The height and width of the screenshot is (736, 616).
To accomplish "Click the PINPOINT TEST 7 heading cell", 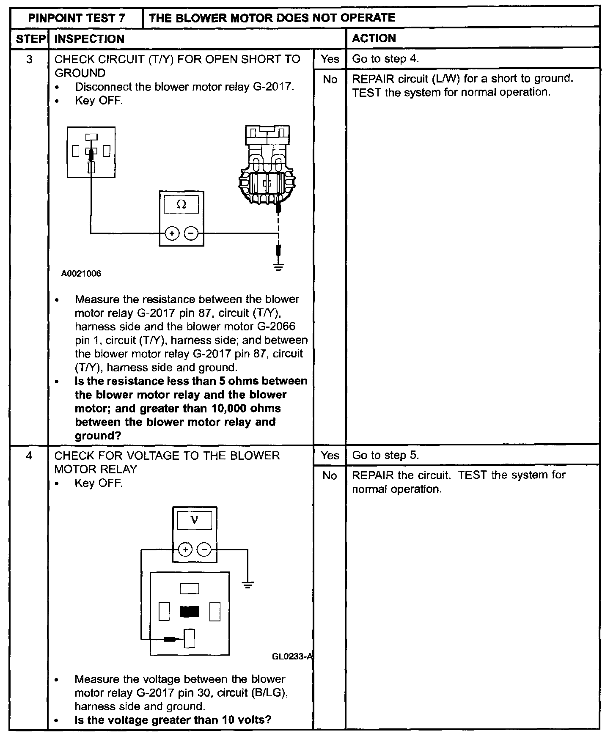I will point(77,18).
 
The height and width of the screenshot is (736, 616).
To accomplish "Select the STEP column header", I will point(30,39).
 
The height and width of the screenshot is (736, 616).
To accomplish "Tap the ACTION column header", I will point(374,38).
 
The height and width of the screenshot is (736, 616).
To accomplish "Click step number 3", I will point(29,59).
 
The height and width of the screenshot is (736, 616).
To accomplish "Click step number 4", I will point(29,456).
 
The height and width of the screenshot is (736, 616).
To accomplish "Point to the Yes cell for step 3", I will point(330,59).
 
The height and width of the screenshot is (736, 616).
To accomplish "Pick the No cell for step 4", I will point(330,476).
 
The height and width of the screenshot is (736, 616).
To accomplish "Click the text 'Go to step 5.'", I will point(385,455).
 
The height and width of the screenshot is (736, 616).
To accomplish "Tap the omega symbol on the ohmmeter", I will point(181,205).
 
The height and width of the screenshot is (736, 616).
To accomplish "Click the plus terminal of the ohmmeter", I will point(172,233).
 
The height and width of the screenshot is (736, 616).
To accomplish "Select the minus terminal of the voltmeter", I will point(204,550).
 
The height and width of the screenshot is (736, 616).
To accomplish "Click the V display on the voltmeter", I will point(194,521).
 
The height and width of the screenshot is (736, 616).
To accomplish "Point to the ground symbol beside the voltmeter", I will point(248,585).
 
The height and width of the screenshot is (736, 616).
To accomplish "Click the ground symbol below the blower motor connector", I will point(278,266).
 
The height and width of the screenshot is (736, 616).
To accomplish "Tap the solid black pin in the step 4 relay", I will point(189,612).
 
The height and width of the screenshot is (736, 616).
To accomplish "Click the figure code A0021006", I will point(81,274).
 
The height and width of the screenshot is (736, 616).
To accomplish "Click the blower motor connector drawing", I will point(266,165).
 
